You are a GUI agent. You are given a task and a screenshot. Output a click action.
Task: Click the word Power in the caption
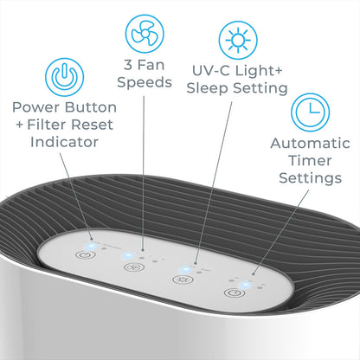tap(36, 107)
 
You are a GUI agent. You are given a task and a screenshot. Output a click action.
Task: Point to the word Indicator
tap(64, 142)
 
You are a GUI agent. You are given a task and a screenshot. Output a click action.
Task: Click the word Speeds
tap(145, 83)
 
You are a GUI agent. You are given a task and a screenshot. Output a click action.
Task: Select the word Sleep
tap(207, 88)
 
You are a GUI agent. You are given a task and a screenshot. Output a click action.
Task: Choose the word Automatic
tap(310, 144)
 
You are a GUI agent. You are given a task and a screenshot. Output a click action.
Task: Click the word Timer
tap(310, 160)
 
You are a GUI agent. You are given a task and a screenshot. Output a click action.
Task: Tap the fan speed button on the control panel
tap(134, 267)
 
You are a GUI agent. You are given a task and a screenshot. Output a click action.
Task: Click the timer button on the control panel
tap(235, 292)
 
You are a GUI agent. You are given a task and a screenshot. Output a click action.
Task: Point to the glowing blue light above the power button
tap(91, 246)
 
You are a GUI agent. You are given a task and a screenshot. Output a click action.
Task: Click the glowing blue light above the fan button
tap(128, 255)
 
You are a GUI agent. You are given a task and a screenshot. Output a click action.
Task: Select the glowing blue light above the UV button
tap(184, 270)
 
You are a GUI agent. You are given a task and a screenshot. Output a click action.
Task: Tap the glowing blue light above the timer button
tap(246, 285)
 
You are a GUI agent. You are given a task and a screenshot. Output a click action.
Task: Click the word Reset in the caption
tap(92, 125)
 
